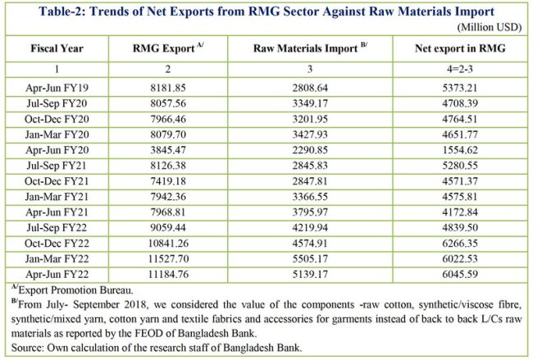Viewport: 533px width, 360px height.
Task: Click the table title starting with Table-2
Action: tap(266, 11)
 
